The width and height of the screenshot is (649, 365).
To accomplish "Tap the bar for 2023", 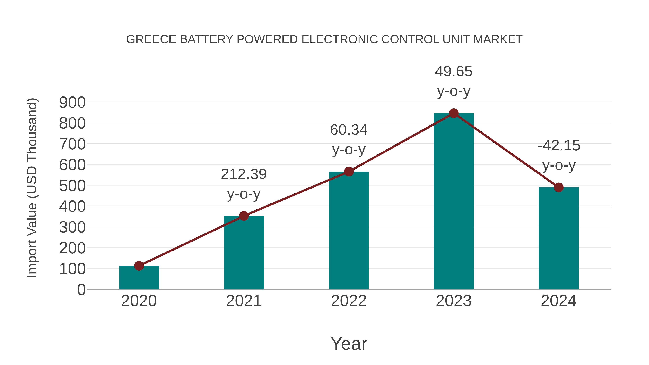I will point(454,202).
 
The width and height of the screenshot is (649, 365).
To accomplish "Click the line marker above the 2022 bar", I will point(349,172).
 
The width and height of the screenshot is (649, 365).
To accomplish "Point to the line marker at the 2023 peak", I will point(454,113).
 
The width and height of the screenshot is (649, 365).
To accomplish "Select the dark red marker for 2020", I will point(139,266).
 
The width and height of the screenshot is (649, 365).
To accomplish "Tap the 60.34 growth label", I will point(349,130).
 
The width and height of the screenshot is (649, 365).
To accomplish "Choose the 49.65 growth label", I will point(454,72).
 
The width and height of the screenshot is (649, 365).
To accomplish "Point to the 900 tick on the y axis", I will point(72,103).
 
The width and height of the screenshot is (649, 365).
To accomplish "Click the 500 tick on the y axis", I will point(72,186).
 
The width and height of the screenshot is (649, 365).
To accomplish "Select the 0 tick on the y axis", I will point(81,290).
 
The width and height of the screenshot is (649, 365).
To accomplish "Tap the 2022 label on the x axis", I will point(349,301).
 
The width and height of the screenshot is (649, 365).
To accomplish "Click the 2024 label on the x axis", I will point(558,301).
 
